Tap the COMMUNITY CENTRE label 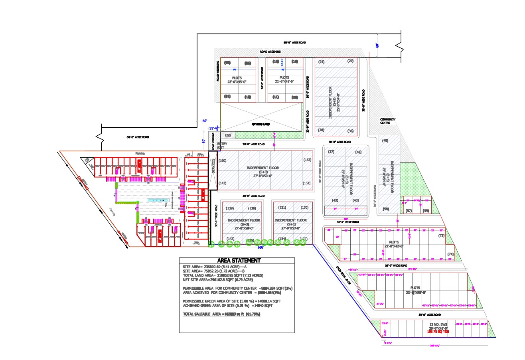(387, 121)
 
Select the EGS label (228, 136)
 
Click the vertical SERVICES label (213, 166)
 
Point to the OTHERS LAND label (261, 125)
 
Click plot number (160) (223, 160)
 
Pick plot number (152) (307, 160)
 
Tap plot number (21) (322, 61)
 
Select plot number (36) (351, 131)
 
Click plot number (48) (358, 152)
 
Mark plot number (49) (385, 141)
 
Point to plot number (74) (451, 254)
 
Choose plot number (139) (230, 208)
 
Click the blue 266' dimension (261, 247)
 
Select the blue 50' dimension (204, 141)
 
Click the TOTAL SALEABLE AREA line (222, 315)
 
